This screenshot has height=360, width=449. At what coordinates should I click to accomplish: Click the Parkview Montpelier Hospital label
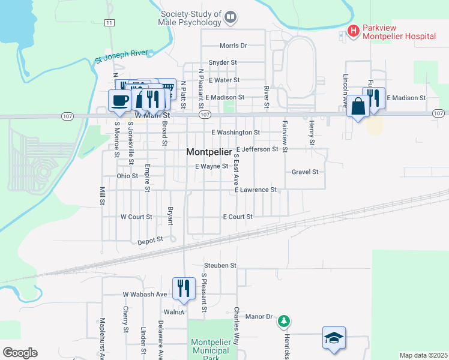(399, 31)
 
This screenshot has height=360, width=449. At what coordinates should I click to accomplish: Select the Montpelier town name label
(209, 152)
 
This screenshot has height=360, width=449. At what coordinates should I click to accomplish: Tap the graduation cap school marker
(334, 338)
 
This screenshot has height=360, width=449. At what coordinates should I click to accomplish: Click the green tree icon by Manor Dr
(284, 322)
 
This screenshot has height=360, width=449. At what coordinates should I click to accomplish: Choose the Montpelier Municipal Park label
(210, 350)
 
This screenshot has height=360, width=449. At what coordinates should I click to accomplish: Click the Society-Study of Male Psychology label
(191, 18)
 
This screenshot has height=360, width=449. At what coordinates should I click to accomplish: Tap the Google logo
(20, 353)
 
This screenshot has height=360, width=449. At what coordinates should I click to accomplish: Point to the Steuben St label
(220, 265)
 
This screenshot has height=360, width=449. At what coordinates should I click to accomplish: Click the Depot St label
(151, 239)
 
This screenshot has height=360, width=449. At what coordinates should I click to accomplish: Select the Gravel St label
(304, 172)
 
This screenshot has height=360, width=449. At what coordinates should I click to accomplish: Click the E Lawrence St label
(255, 190)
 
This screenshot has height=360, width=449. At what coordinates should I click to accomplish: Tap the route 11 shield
(109, 23)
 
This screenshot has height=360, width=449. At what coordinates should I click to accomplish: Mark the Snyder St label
(223, 62)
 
